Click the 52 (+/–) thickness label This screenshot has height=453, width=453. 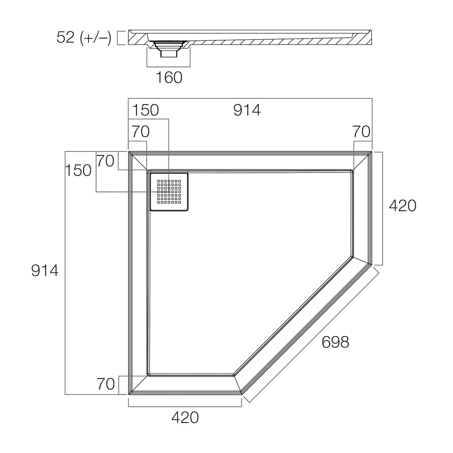(x=84, y=38)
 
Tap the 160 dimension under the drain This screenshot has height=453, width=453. (x=169, y=78)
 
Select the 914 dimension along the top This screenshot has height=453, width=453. (x=247, y=110)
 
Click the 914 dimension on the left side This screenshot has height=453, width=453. (x=45, y=271)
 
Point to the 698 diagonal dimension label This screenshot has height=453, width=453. (x=336, y=342)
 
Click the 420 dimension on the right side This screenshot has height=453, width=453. (x=403, y=206)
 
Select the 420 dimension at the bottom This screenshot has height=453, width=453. (x=185, y=417)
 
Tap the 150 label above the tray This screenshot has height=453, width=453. (x=146, y=110)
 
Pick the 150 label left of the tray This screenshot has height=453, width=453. (x=78, y=170)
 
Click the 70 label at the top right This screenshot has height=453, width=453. (x=361, y=132)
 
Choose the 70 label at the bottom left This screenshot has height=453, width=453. (x=105, y=383)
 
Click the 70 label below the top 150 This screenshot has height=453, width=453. (x=141, y=132)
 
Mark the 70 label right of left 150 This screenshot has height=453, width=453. (x=105, y=161)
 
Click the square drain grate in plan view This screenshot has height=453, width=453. (x=169, y=191)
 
